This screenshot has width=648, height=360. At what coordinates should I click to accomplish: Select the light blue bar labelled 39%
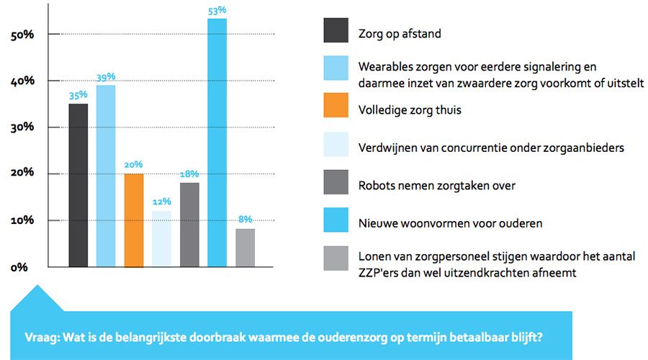[x=106, y=176]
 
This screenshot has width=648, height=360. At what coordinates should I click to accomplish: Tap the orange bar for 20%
[x=134, y=220]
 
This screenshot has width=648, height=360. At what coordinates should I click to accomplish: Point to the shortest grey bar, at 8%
[x=245, y=248]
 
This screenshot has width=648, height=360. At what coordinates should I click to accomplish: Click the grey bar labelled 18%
[x=189, y=225]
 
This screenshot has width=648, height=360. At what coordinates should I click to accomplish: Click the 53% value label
[x=217, y=9]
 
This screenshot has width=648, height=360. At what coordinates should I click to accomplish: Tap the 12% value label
[x=161, y=202]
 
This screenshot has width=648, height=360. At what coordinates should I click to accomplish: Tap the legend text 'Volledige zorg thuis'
[x=410, y=111]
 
